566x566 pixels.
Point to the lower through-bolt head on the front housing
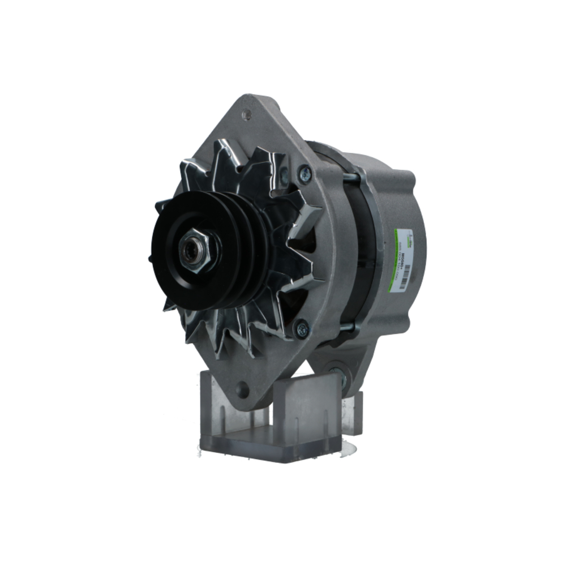[x=302, y=328]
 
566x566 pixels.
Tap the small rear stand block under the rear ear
[x=352, y=413]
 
